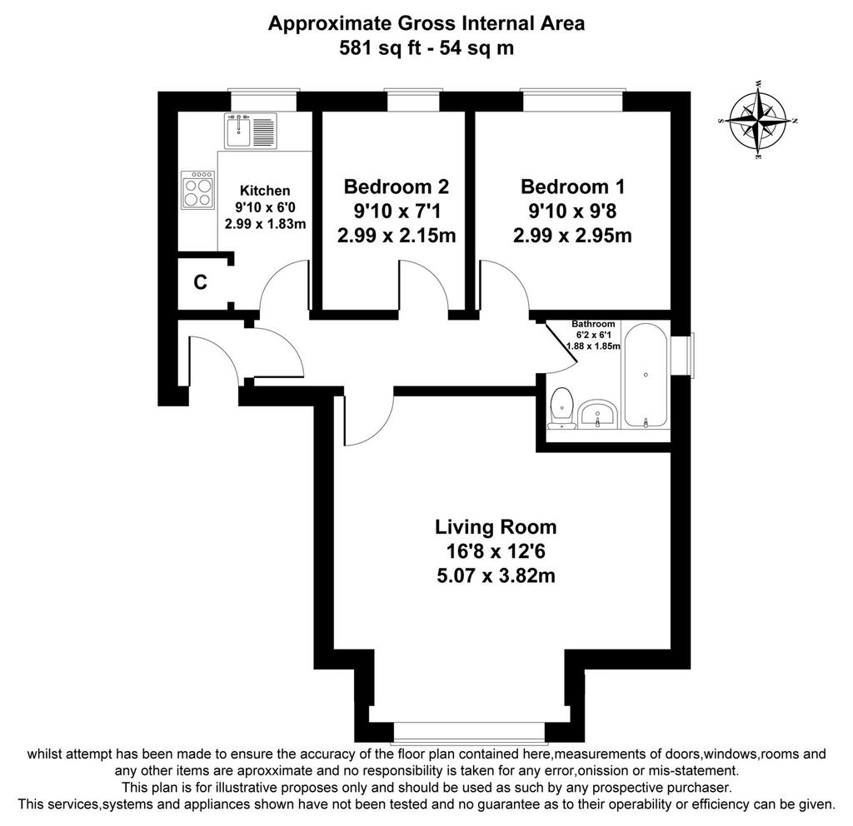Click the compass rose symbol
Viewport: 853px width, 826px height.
click(x=758, y=120)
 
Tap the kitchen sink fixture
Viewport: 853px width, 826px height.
click(x=251, y=131)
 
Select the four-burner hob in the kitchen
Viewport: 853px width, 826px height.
click(x=197, y=190)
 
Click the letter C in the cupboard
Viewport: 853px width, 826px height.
click(x=200, y=282)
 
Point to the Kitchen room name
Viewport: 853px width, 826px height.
click(x=265, y=191)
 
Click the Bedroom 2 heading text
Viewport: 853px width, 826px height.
click(x=397, y=187)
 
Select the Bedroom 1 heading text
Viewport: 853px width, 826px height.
click(x=573, y=187)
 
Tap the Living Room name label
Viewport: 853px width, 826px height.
click(x=496, y=526)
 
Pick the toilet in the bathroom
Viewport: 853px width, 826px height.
click(x=561, y=408)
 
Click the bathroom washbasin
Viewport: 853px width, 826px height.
click(x=597, y=415)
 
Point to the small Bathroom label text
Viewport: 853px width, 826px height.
click(x=593, y=324)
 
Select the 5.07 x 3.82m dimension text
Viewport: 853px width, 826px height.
click(x=496, y=575)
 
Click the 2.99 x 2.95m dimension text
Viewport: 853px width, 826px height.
click(x=572, y=236)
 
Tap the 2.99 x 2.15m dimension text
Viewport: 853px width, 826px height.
click(x=397, y=236)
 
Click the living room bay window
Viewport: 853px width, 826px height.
click(x=468, y=732)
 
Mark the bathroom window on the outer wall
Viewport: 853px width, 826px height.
click(x=683, y=354)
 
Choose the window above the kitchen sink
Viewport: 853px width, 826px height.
click(x=264, y=100)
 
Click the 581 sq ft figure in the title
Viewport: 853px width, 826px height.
click(x=380, y=47)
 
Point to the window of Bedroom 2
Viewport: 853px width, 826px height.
click(x=413, y=100)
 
